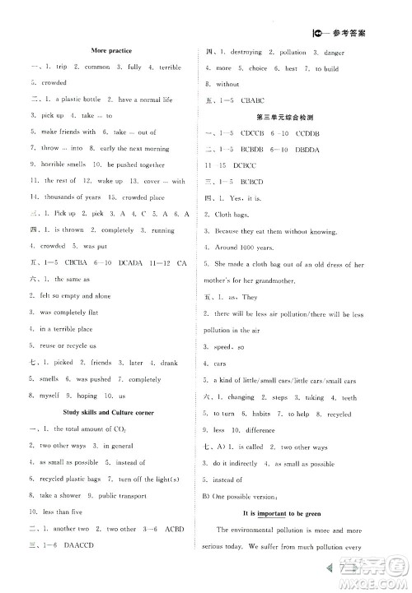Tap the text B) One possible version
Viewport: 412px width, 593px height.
[241, 495]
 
